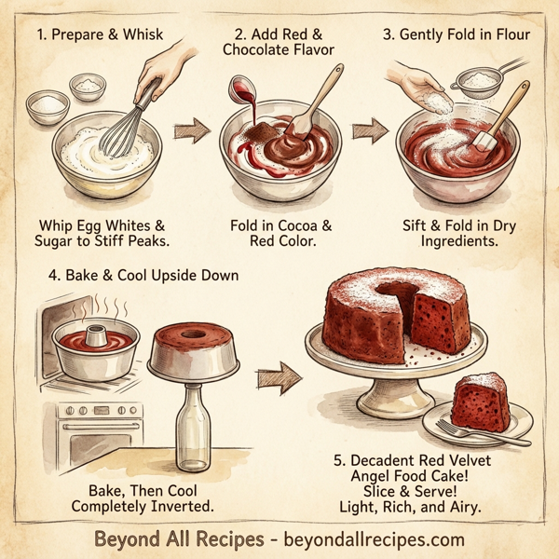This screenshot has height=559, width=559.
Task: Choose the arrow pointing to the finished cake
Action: pos(279,377)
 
